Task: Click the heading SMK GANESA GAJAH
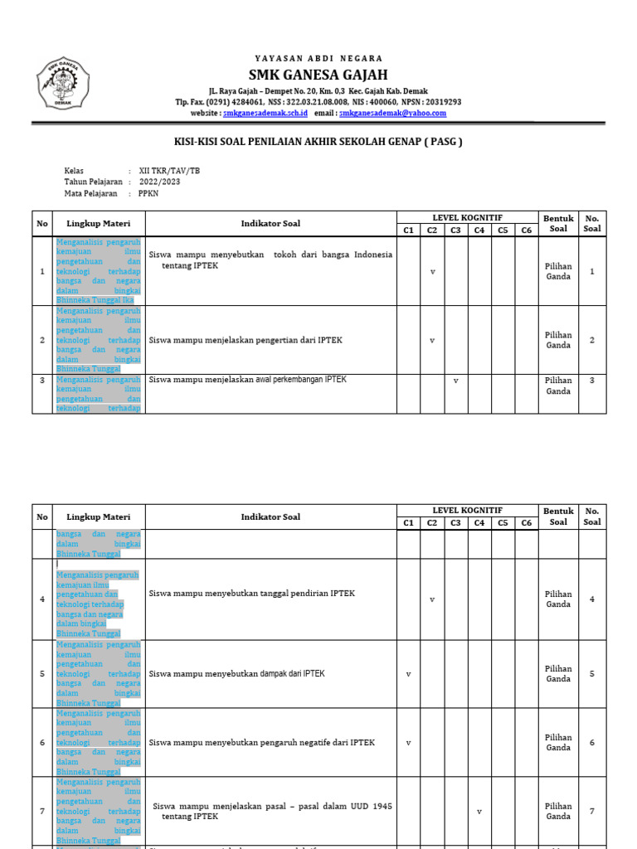point(318,75)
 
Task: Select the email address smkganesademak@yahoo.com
point(392,113)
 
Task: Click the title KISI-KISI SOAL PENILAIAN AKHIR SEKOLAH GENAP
point(318,142)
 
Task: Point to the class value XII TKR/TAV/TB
point(169,172)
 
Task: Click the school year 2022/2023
point(159,182)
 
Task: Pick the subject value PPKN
point(148,193)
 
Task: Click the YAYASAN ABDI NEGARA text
point(318,59)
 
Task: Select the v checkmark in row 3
point(455,381)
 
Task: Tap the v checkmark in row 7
point(479,812)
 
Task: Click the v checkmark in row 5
point(408,674)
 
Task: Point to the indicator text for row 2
point(246,340)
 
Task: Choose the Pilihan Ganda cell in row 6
point(558,742)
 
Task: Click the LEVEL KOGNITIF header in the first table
point(467,217)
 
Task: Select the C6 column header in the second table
point(526,523)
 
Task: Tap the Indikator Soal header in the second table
point(270,517)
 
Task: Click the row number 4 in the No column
point(42,599)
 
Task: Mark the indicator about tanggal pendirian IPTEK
point(251,594)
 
